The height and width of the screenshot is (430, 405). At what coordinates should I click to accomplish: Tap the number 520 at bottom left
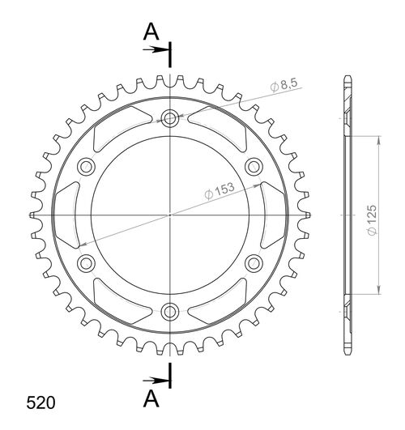pyautogui.click(x=40, y=402)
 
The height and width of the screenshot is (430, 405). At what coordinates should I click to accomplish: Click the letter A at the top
pyautogui.click(x=151, y=32)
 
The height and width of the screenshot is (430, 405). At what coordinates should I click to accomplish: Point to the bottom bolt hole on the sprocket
pyautogui.click(x=170, y=310)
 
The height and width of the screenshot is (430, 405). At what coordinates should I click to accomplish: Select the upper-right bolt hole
pyautogui.click(x=253, y=167)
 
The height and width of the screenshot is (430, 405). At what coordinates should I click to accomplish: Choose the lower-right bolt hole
pyautogui.click(x=253, y=262)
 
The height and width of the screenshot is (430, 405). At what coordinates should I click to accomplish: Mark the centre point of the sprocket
pyautogui.click(x=170, y=215)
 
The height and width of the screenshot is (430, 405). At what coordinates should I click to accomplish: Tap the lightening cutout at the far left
pyautogui.click(x=66, y=215)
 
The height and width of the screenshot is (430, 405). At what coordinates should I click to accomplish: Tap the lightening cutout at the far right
pyautogui.click(x=275, y=215)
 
